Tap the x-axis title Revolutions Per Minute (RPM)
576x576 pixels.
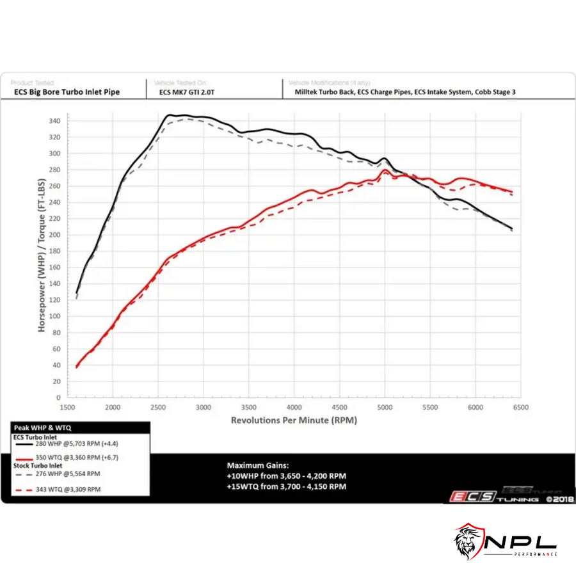(294, 420)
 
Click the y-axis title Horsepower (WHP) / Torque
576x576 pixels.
(42, 256)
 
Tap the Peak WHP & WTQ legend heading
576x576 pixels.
(40, 426)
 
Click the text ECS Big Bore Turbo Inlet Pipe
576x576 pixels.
(67, 92)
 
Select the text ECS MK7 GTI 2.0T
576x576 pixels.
(188, 92)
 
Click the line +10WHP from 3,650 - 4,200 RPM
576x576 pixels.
(287, 476)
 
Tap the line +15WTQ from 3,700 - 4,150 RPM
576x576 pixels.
(287, 486)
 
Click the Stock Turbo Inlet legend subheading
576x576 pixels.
(38, 466)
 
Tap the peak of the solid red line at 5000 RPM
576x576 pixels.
(385, 170)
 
